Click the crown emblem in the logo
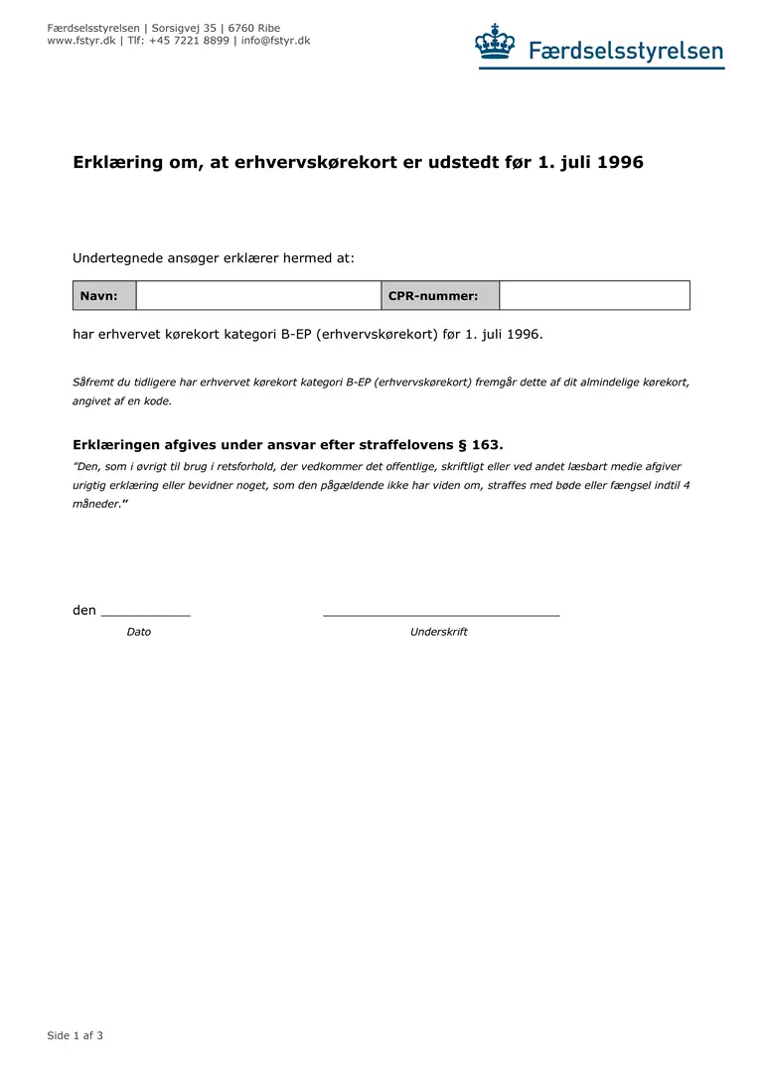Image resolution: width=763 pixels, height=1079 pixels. tap(495, 43)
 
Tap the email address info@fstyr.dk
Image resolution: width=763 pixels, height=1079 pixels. tap(275, 41)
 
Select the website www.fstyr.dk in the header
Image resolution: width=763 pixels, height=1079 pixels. tap(81, 41)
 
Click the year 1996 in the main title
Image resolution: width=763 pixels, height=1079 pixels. tap(619, 162)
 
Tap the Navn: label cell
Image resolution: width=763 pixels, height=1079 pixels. tap(104, 296)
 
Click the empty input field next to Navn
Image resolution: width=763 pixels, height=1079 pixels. tap(258, 296)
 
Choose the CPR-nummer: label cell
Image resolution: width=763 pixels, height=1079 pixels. tap(440, 296)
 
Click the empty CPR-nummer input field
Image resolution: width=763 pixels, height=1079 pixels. tap(594, 296)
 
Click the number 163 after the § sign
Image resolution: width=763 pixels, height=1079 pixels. tap(487, 445)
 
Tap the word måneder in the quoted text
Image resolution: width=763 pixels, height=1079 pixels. tap(96, 504)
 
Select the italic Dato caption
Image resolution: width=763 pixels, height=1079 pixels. tap(139, 632)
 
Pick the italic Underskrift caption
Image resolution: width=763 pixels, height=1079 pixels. tap(438, 632)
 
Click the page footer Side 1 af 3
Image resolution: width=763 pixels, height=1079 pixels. tap(76, 1035)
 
